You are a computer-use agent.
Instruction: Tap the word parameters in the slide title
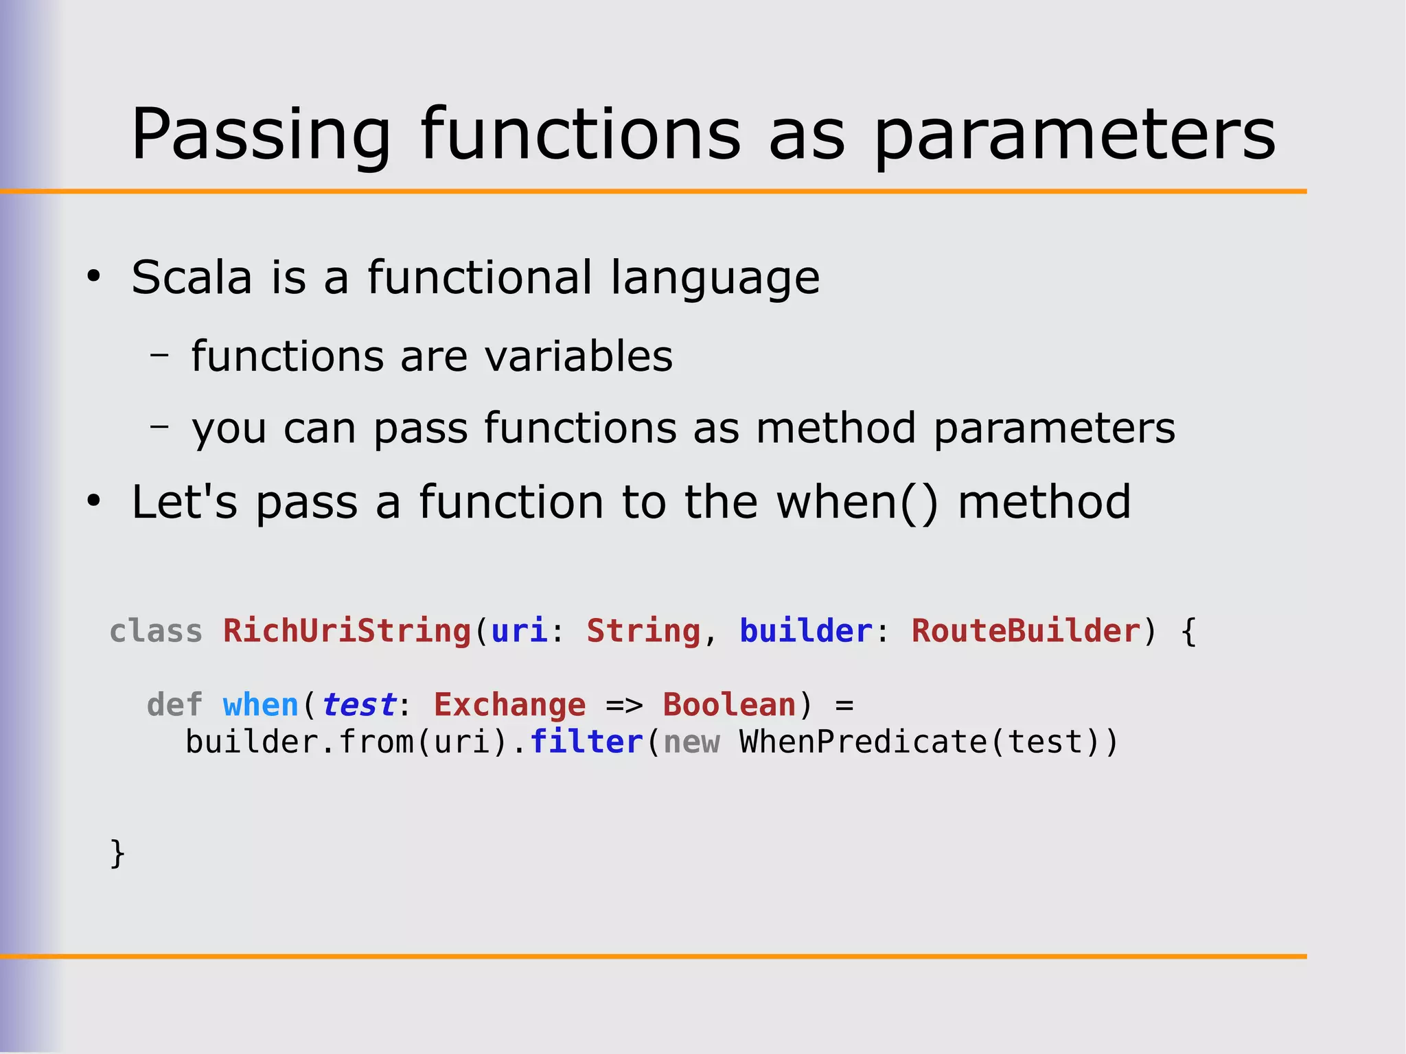click(1074, 135)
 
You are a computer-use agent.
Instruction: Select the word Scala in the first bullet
click(192, 277)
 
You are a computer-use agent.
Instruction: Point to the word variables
click(578, 356)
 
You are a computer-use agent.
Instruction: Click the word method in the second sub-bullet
click(835, 428)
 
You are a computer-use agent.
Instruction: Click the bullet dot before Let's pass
click(93, 502)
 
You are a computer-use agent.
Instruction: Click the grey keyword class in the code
click(156, 630)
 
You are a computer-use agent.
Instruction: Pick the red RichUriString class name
click(347, 630)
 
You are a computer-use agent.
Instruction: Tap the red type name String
click(643, 630)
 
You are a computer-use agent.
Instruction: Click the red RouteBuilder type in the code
click(1025, 630)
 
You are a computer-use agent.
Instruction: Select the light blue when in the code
click(260, 705)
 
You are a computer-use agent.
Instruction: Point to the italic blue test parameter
click(358, 705)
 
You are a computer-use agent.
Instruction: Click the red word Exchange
click(509, 705)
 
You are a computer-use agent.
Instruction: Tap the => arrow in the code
click(623, 705)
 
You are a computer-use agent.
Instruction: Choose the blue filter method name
click(586, 742)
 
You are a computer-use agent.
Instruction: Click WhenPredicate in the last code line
click(862, 742)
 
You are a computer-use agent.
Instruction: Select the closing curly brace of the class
click(117, 853)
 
